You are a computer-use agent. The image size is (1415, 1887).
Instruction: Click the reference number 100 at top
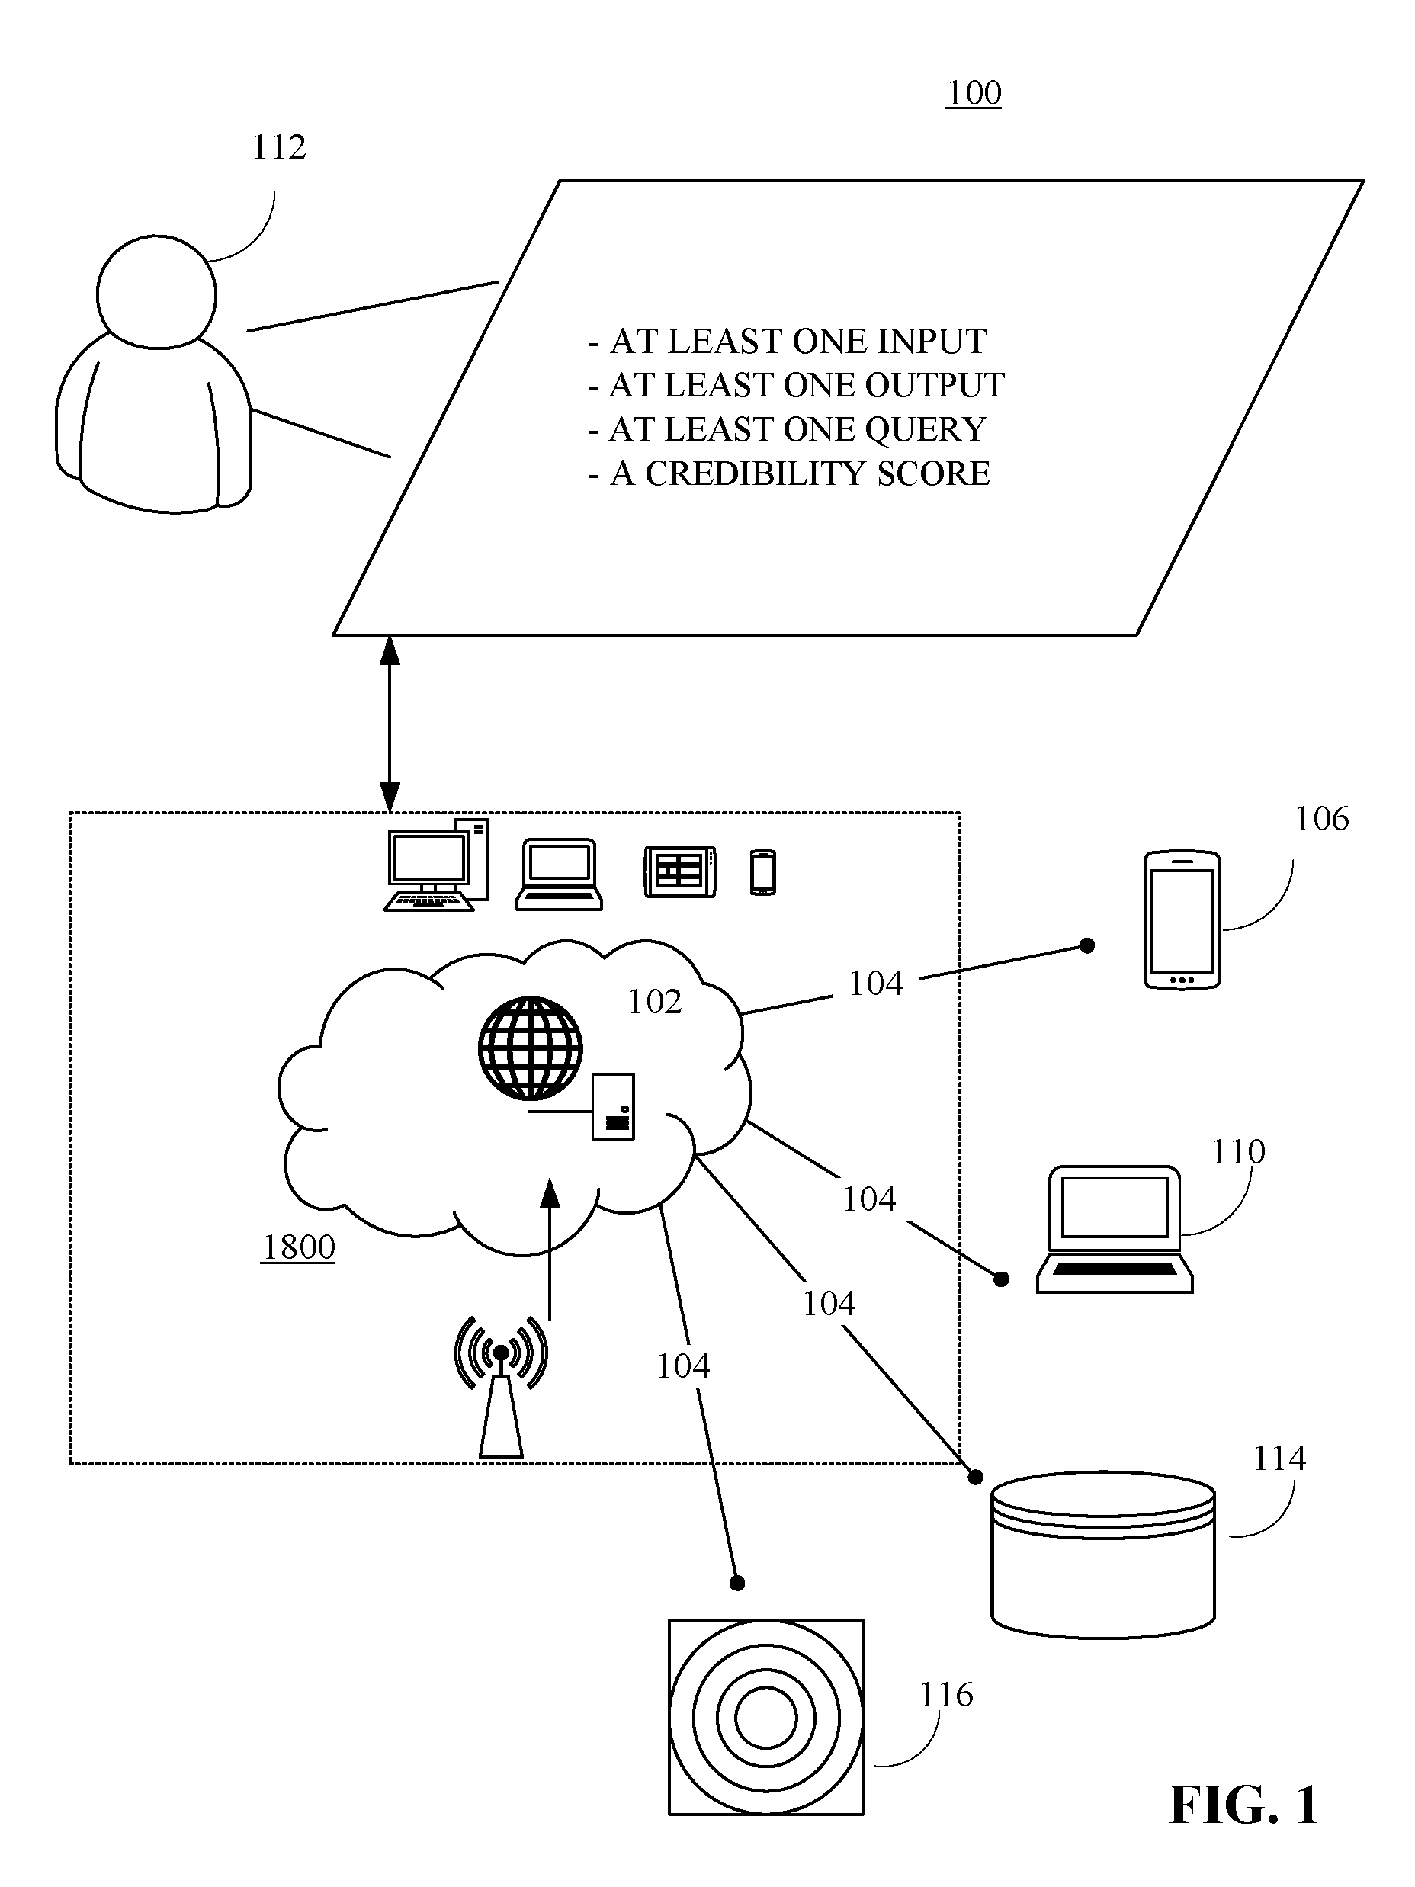click(x=974, y=93)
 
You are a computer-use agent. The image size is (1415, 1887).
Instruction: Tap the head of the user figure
click(x=157, y=292)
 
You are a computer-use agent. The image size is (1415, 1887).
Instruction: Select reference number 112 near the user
click(x=279, y=148)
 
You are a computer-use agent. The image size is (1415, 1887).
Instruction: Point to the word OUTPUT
click(x=935, y=386)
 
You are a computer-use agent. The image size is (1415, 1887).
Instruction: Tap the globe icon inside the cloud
click(x=531, y=1047)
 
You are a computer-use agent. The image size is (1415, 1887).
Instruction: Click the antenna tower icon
click(x=502, y=1386)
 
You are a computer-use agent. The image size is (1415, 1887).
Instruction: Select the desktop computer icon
click(x=437, y=865)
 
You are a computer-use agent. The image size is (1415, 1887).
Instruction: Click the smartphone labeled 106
click(x=1181, y=919)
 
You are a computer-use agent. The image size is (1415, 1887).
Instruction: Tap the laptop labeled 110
click(x=1115, y=1228)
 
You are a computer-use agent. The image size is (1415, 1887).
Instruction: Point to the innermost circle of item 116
click(x=765, y=1717)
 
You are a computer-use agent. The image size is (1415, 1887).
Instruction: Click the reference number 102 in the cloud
click(x=654, y=1003)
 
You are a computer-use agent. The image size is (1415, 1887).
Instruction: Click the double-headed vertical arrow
click(x=390, y=724)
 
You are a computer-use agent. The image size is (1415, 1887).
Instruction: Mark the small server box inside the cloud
click(x=613, y=1106)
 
